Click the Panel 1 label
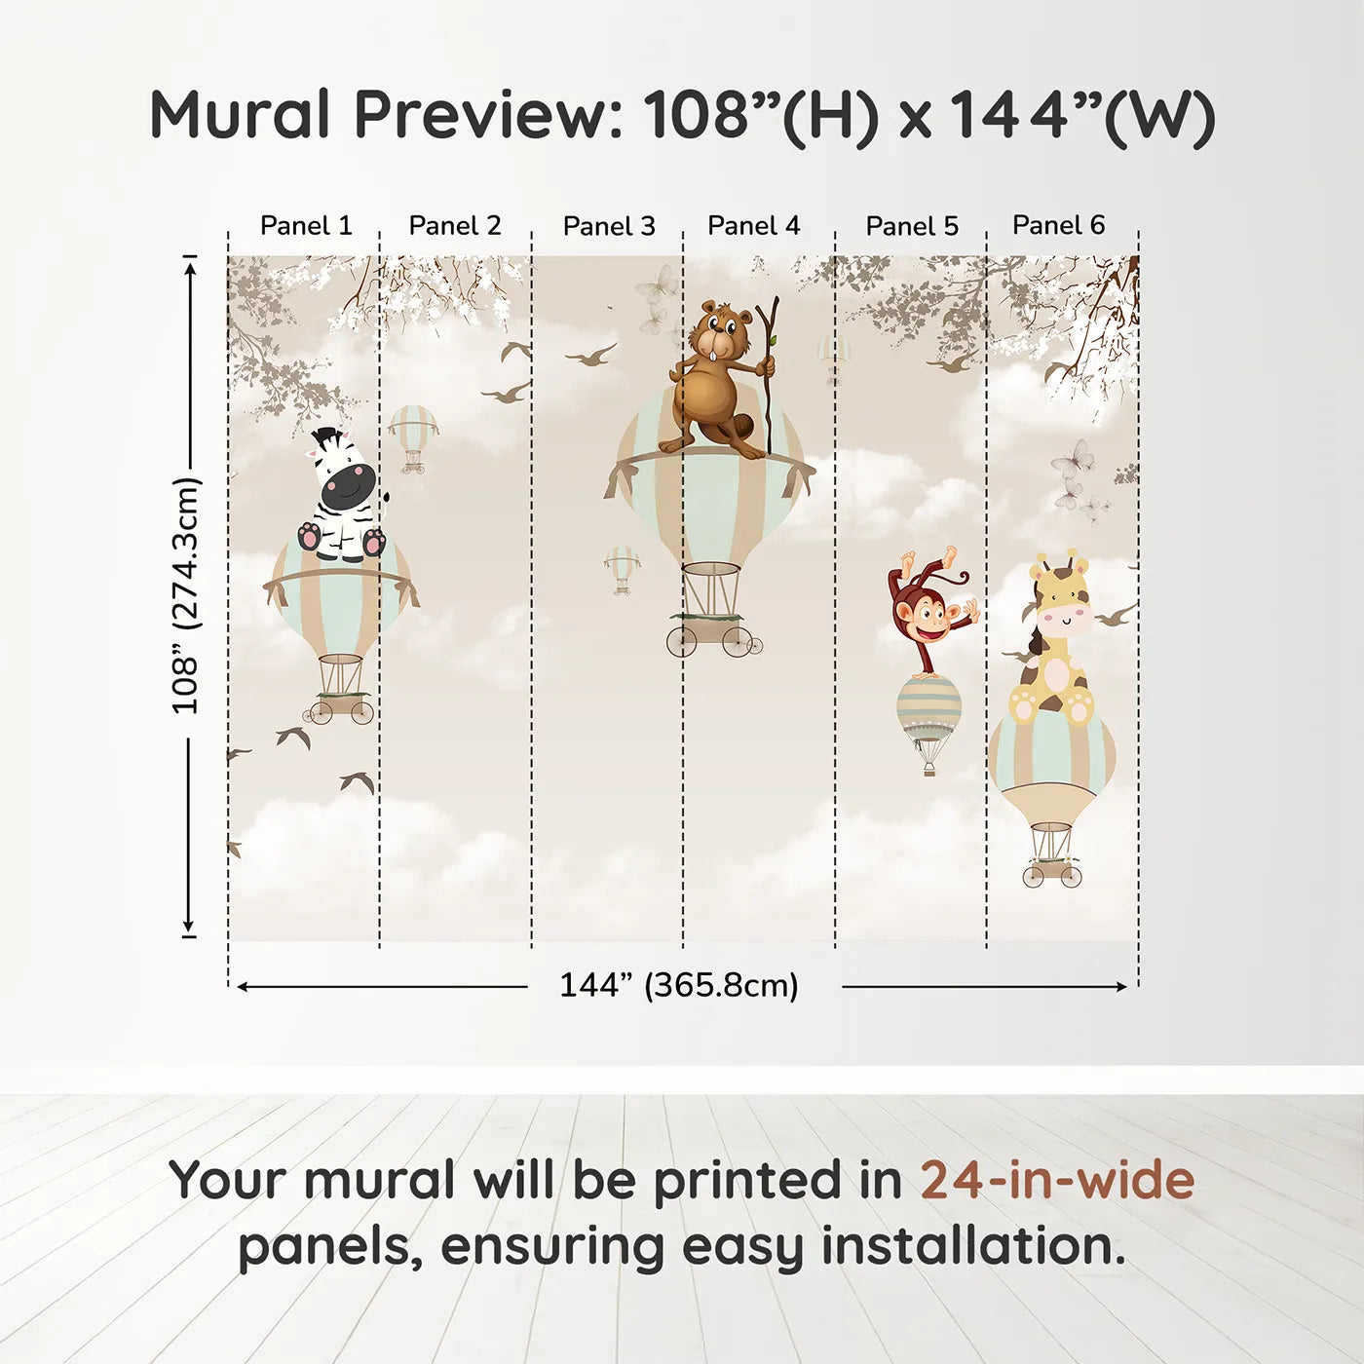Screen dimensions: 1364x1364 [x=305, y=226]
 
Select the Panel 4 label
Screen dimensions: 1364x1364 [x=753, y=226]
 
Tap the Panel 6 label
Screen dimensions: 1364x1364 [x=1058, y=225]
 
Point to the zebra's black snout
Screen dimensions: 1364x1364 [x=347, y=488]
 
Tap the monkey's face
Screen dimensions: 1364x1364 [x=928, y=618]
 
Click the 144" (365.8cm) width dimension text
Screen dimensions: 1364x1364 [x=678, y=985]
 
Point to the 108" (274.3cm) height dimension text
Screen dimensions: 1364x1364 [x=186, y=595]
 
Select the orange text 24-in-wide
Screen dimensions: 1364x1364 [x=1057, y=1181]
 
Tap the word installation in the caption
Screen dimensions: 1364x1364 [x=972, y=1246]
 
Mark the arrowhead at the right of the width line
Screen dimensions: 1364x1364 [x=1122, y=987]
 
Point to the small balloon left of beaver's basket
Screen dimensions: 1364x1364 [x=622, y=567]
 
